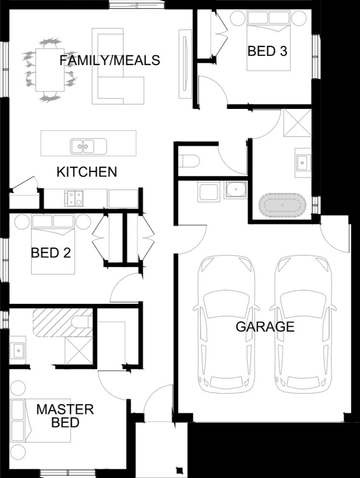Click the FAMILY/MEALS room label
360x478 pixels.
(x=109, y=60)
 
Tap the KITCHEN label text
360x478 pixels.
(x=87, y=172)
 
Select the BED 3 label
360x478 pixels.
(x=268, y=51)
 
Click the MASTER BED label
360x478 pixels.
(x=65, y=416)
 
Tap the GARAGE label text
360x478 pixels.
(x=265, y=327)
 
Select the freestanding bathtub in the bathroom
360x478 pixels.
(x=282, y=205)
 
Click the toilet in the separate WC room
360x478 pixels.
(x=189, y=161)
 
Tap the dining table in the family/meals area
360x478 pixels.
(x=50, y=70)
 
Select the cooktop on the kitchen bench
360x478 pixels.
(x=73, y=198)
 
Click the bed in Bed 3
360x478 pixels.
(x=268, y=41)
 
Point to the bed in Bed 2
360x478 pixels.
(x=53, y=244)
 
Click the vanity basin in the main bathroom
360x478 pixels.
(x=303, y=163)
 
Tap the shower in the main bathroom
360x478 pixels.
(x=298, y=122)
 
